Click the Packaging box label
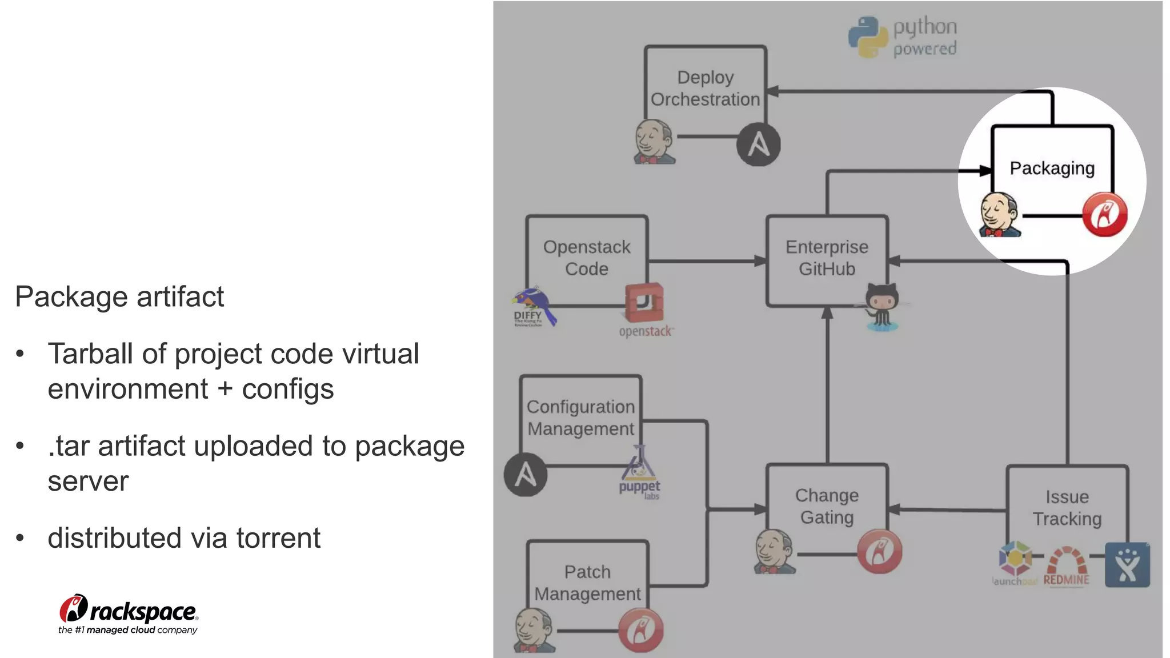(1052, 168)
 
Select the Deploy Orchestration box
(705, 88)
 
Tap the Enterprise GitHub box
(827, 258)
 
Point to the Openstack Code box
(587, 258)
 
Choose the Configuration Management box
(580, 418)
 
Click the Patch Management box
(587, 583)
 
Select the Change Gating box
(827, 506)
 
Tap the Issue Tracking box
(1067, 508)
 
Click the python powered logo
(903, 37)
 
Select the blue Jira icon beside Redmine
(1127, 565)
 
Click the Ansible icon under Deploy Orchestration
(758, 145)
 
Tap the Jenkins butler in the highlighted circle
(999, 215)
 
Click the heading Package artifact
(119, 297)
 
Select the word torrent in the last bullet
(278, 538)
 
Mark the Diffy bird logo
(534, 307)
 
